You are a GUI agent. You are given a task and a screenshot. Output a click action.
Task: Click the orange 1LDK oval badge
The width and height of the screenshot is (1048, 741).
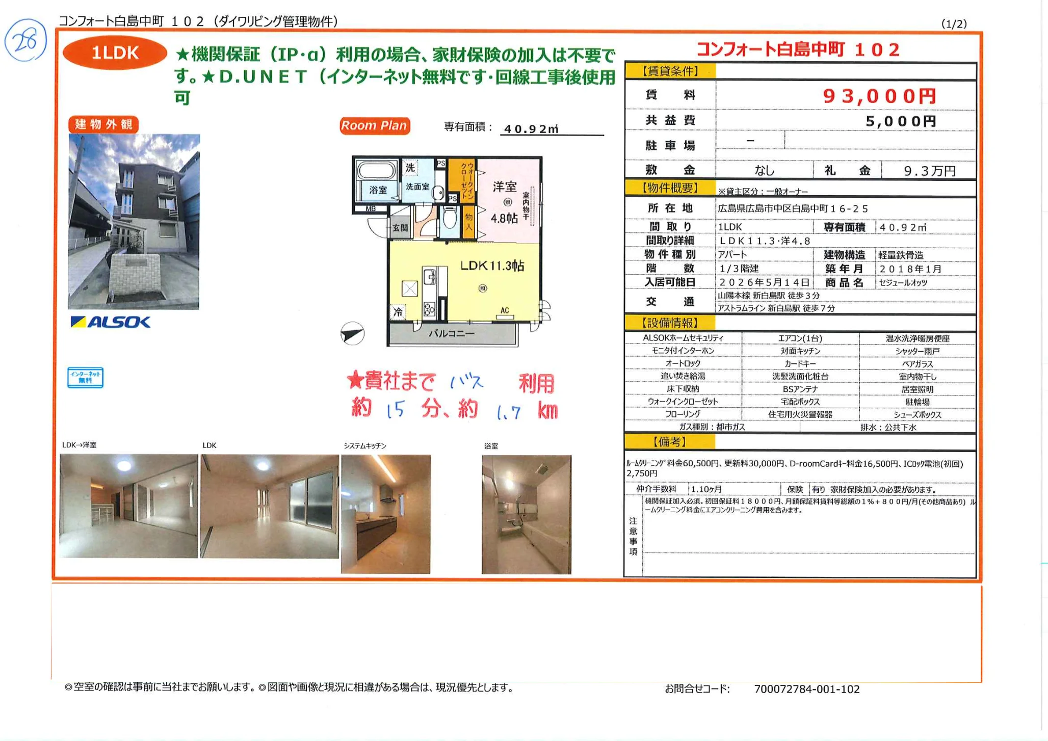click(x=115, y=53)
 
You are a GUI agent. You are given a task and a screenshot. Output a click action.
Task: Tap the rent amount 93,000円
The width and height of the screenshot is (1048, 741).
click(x=879, y=96)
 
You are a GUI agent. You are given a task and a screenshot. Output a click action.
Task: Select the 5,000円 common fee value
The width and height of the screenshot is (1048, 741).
click(x=901, y=121)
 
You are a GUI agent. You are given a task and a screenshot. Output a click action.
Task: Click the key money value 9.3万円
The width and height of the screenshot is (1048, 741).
click(x=929, y=171)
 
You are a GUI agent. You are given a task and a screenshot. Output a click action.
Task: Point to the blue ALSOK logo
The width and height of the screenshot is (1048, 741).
click(x=111, y=322)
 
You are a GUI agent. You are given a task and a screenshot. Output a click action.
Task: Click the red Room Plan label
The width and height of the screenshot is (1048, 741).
click(x=374, y=125)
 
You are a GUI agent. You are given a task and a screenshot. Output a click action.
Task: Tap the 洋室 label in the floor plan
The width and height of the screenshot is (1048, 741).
click(x=505, y=187)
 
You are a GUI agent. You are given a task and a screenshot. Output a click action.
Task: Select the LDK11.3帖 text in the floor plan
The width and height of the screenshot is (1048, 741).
click(x=492, y=266)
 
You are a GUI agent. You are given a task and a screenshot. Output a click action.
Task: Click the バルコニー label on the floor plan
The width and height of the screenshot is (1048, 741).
click(x=451, y=334)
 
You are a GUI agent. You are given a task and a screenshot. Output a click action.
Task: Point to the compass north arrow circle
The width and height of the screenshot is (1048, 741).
click(x=352, y=334)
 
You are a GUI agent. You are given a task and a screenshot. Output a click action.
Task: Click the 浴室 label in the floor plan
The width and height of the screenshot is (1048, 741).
click(x=378, y=190)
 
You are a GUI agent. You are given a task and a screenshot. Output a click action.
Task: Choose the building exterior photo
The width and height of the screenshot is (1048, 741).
click(x=134, y=221)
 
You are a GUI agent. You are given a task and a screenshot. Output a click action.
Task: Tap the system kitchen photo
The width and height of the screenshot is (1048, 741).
click(x=385, y=514)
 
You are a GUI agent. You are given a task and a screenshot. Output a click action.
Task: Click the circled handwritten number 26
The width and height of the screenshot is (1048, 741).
click(x=25, y=40)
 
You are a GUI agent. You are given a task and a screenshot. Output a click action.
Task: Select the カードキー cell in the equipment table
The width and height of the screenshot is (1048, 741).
click(x=800, y=363)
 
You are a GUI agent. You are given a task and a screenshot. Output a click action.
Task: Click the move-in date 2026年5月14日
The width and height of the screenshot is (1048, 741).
click(x=764, y=282)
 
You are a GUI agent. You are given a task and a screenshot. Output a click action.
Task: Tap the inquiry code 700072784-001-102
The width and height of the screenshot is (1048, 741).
click(x=806, y=689)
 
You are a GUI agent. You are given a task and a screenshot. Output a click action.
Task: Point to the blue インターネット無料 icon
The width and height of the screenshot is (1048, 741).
click(x=85, y=378)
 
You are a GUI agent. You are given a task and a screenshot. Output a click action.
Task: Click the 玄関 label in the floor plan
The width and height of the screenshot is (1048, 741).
click(x=400, y=228)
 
